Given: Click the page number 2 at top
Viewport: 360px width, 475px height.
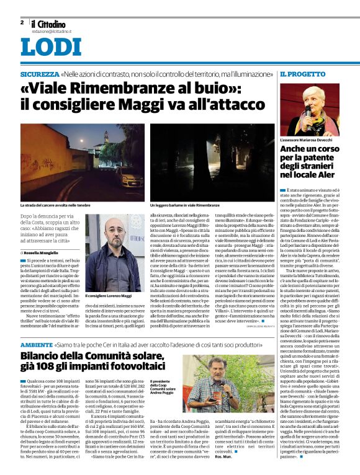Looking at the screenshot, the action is point(22,22).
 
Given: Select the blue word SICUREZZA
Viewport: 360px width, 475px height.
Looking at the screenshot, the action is point(40,74).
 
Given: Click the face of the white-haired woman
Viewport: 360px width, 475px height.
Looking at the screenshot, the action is point(309,105).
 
